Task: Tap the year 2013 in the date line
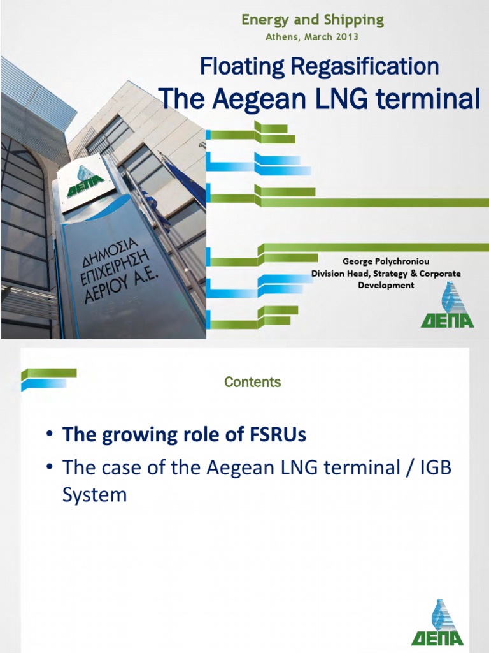tap(346, 37)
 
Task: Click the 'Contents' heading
tap(252, 383)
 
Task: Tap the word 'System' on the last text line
tap(94, 495)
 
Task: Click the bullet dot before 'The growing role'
tap(49, 436)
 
